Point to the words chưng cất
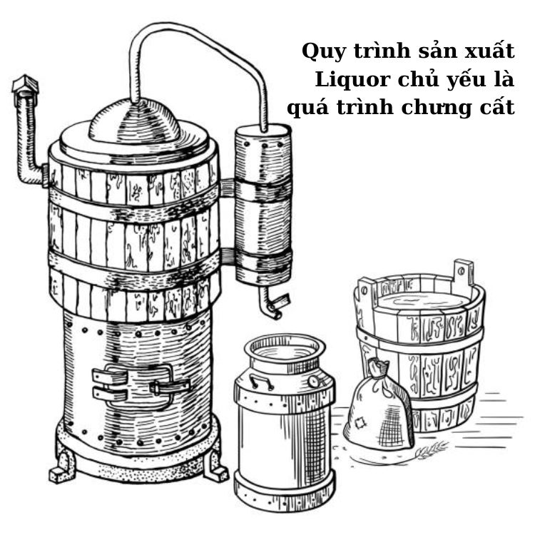(x=458, y=107)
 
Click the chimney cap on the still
(x=25, y=84)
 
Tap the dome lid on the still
(x=134, y=122)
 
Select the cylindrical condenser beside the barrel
(x=263, y=205)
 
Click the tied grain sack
(x=379, y=406)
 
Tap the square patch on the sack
(x=360, y=423)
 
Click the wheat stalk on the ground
(x=431, y=449)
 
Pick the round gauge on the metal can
(x=313, y=381)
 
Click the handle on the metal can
(x=260, y=382)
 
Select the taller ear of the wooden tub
(x=463, y=273)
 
